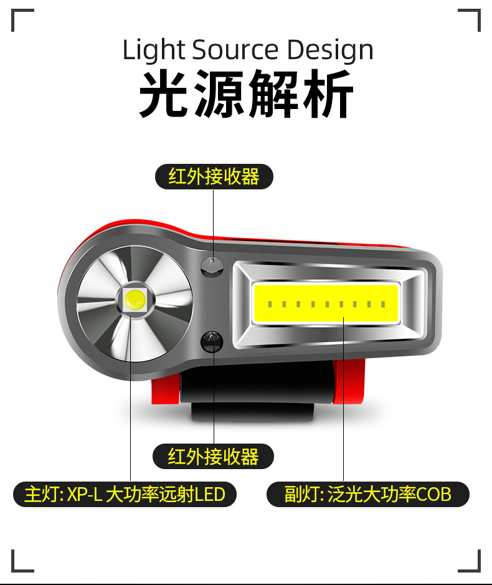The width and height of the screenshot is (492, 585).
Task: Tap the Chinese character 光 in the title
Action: [x=164, y=95]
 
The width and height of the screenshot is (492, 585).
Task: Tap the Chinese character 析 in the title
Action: [x=328, y=95]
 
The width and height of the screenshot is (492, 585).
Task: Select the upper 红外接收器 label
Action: [x=214, y=177]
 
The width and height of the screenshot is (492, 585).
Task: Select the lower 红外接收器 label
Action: [x=214, y=457]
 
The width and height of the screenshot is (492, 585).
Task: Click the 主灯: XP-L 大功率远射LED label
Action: [x=125, y=495]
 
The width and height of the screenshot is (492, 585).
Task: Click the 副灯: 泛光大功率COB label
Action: [x=367, y=495]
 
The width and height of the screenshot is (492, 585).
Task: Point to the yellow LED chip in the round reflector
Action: [x=135, y=300]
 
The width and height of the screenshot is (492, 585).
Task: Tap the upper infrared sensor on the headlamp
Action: [x=212, y=265]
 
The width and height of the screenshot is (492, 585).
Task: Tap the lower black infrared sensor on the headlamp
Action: [x=212, y=341]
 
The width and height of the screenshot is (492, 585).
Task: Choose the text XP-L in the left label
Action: [x=85, y=495]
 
